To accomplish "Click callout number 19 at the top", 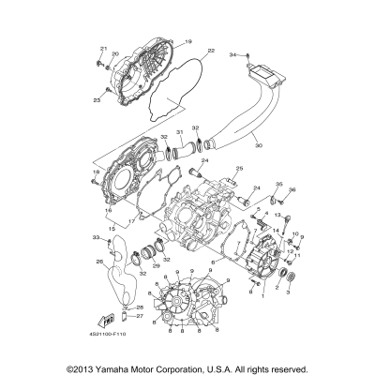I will [187, 42].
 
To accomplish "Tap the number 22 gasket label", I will [211, 50].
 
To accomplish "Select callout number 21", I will [104, 48].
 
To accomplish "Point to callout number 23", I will [97, 99].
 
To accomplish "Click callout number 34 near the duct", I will [233, 56].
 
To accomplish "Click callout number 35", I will [278, 185].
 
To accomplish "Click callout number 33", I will [95, 239].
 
